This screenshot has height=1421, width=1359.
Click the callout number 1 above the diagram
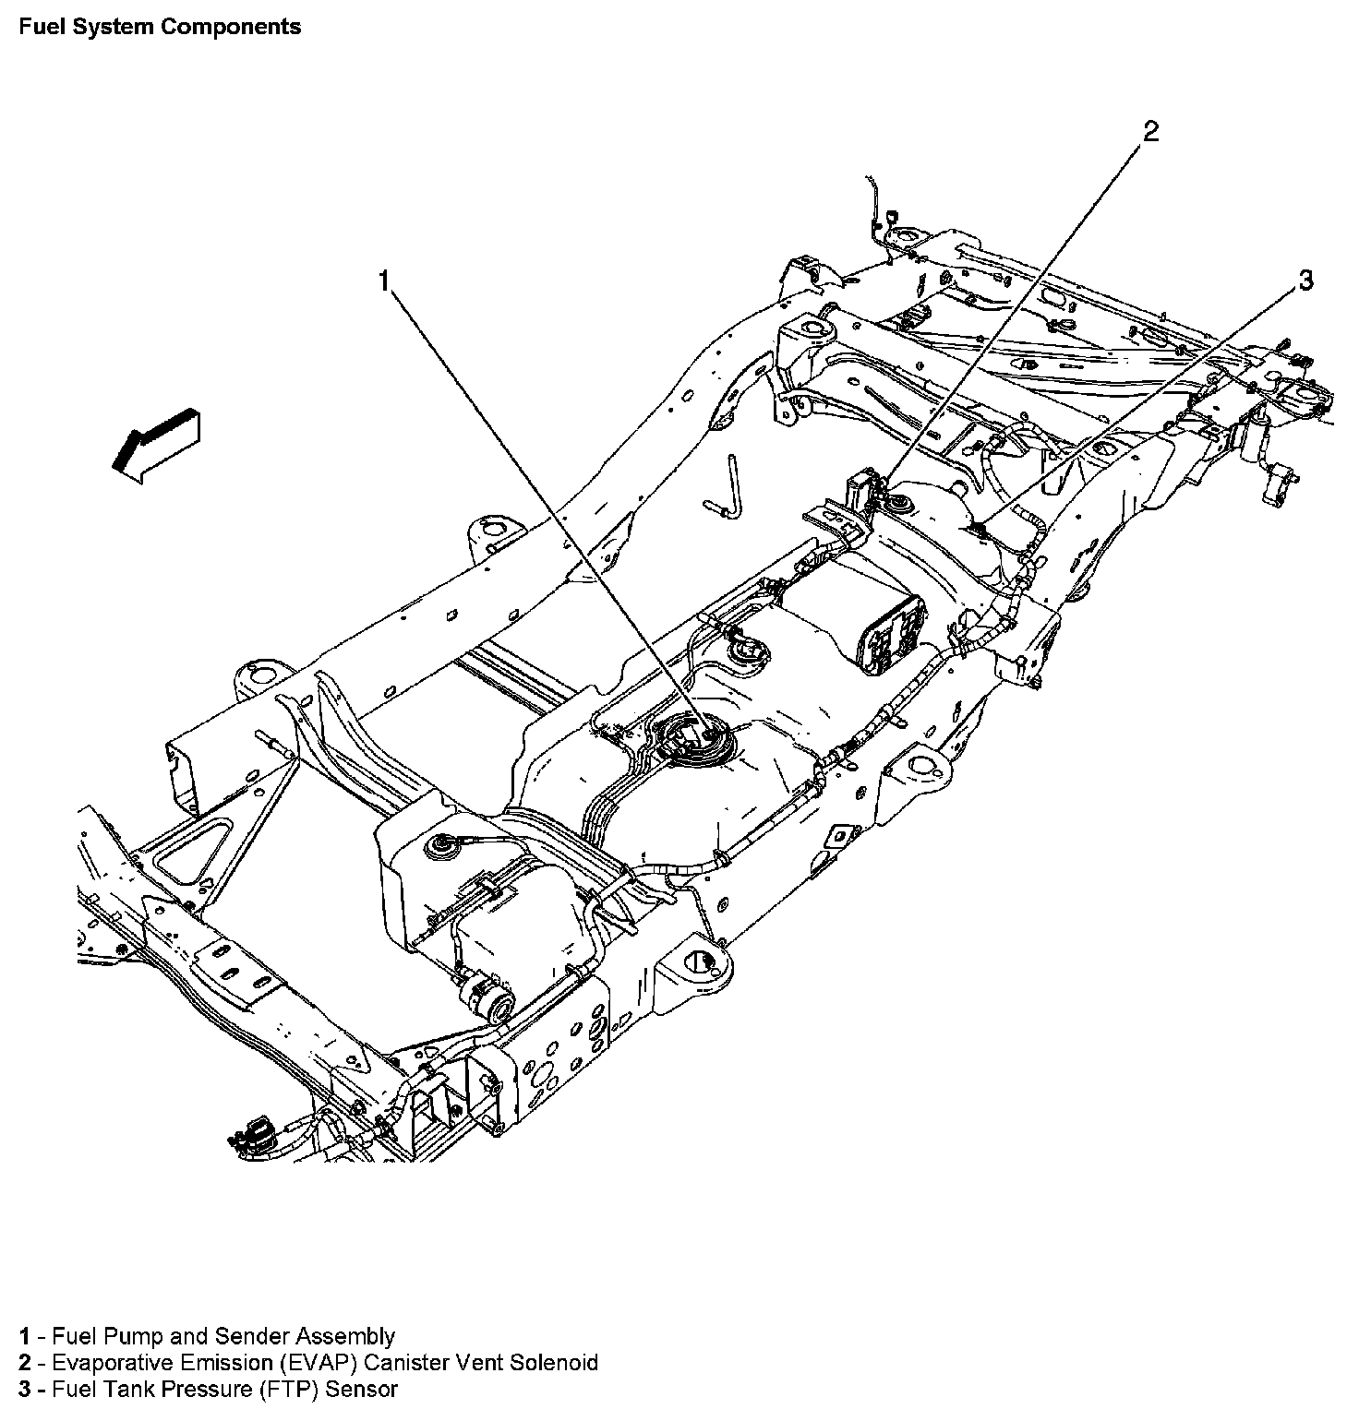(385, 281)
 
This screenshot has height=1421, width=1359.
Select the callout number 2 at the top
(1150, 132)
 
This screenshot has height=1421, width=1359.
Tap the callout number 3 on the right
(1305, 281)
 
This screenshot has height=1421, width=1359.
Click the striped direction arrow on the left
(155, 445)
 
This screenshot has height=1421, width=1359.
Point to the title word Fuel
(39, 26)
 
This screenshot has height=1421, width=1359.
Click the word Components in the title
(231, 26)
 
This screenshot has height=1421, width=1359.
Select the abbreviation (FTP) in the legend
(294, 1389)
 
